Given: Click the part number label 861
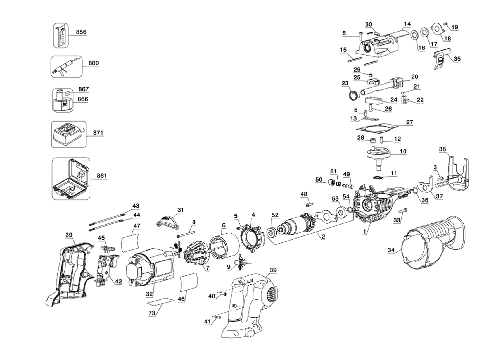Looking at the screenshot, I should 102,176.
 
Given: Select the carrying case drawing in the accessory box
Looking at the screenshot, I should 71,179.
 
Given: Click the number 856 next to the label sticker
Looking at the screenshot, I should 81,32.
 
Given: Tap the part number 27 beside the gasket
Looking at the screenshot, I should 409,122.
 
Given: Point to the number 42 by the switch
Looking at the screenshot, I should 118,281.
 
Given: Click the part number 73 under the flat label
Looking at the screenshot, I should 151,313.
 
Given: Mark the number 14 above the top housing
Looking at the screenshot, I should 407,24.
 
